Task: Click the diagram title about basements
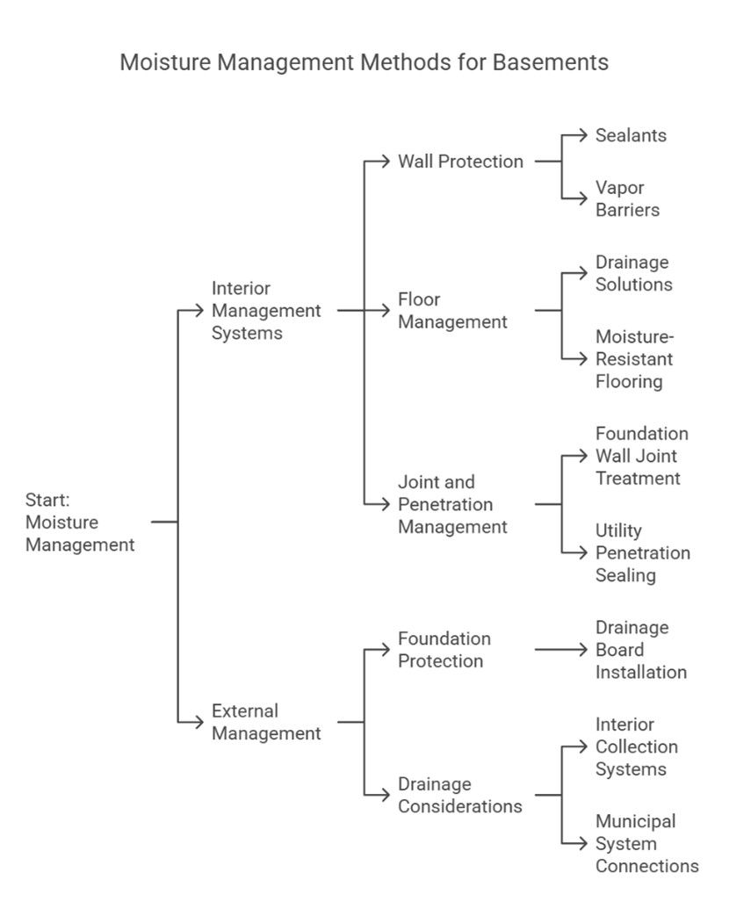tap(364, 62)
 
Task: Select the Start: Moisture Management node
tap(80, 523)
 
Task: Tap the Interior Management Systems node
tap(266, 310)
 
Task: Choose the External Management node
tap(266, 722)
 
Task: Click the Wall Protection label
tap(460, 162)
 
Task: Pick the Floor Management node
tap(452, 310)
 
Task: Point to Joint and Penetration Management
tap(452, 504)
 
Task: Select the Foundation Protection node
tap(444, 649)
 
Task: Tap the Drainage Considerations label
tap(460, 795)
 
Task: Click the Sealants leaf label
tap(631, 135)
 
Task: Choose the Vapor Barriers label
tap(627, 198)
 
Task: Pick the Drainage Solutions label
tap(633, 273)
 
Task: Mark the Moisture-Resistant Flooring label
tap(634, 358)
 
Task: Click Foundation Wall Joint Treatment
tap(641, 456)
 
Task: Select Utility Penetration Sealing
tap(642, 552)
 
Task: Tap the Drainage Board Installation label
tap(640, 649)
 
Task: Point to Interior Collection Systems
tap(636, 746)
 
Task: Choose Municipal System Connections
tap(646, 843)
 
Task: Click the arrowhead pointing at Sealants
tap(583, 135)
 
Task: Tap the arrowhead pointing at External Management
tap(199, 722)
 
